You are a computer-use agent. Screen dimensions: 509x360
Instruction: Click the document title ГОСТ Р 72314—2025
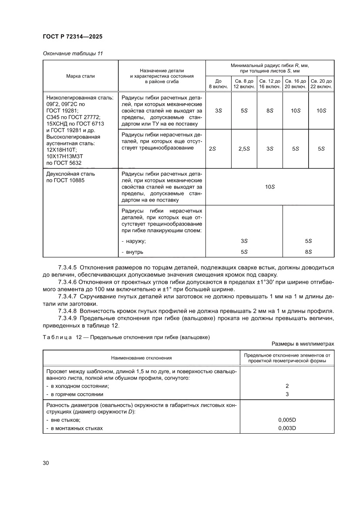[72, 37]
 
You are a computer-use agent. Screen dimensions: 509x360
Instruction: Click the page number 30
[46, 462]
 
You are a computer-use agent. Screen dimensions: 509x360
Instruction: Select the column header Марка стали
[81, 76]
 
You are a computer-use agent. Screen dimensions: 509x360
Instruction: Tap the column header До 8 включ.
[219, 84]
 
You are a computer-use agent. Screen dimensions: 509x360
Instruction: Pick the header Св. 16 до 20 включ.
[296, 84]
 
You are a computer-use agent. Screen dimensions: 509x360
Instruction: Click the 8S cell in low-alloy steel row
[270, 111]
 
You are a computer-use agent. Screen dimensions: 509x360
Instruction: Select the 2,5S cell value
[244, 148]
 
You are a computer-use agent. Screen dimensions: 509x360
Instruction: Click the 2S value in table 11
[212, 148]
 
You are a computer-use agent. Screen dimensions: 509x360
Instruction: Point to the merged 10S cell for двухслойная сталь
[270, 186]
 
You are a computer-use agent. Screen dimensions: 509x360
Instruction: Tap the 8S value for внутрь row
[308, 252]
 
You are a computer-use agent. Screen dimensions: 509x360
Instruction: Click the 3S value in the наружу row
[244, 241]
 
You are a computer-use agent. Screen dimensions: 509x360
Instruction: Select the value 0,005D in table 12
[287, 420]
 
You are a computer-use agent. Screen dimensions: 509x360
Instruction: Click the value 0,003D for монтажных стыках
[287, 428]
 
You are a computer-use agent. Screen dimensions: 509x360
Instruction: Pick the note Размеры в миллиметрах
[306, 344]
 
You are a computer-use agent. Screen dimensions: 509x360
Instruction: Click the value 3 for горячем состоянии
[287, 394]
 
